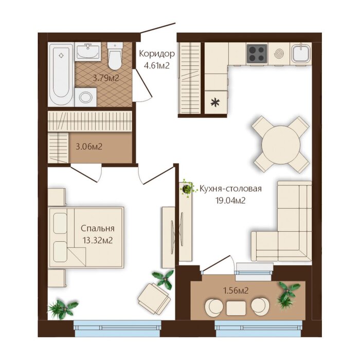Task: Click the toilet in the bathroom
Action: point(115,56)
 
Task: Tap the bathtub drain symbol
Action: point(61,56)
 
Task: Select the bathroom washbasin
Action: point(88,51)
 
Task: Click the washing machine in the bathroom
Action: point(85,97)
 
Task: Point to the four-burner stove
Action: point(257,53)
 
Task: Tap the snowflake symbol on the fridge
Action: point(215,102)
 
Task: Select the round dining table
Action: point(281,145)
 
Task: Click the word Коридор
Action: point(157,54)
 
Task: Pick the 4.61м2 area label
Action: point(156,66)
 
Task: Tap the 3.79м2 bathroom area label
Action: point(106,78)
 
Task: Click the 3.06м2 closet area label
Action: point(89,147)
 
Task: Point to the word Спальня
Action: point(98,228)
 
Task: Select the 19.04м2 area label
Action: point(230,201)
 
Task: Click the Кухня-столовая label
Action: point(230,189)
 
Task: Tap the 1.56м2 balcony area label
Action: point(236,291)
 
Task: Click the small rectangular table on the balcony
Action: point(236,308)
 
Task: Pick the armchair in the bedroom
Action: point(154,298)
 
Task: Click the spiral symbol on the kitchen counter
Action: point(279,54)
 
